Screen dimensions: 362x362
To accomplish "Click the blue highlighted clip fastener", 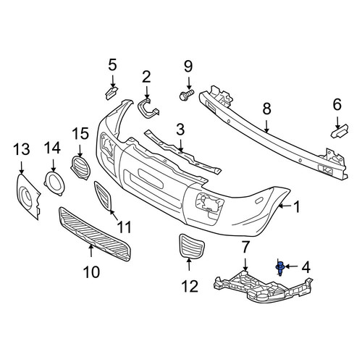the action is (280, 268).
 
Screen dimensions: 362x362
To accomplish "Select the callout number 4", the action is (306, 267).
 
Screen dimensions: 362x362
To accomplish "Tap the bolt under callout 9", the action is (187, 95).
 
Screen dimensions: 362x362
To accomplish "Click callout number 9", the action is (188, 67).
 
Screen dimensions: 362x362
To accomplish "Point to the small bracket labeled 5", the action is (111, 93).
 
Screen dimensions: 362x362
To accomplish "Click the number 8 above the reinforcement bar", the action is (266, 109).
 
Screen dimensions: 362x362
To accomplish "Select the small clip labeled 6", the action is (340, 132).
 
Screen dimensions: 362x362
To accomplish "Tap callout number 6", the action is (337, 105).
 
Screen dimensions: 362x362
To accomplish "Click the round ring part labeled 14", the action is (54, 183).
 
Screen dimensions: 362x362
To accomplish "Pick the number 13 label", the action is (22, 149).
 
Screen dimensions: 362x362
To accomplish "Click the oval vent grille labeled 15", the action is (80, 168).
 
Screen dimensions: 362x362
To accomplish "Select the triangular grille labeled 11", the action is (103, 195).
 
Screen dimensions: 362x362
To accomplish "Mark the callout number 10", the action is (92, 272).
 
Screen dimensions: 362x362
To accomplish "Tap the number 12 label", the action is (190, 287).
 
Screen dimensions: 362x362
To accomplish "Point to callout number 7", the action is (245, 248).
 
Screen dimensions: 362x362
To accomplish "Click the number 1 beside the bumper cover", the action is (296, 207).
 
